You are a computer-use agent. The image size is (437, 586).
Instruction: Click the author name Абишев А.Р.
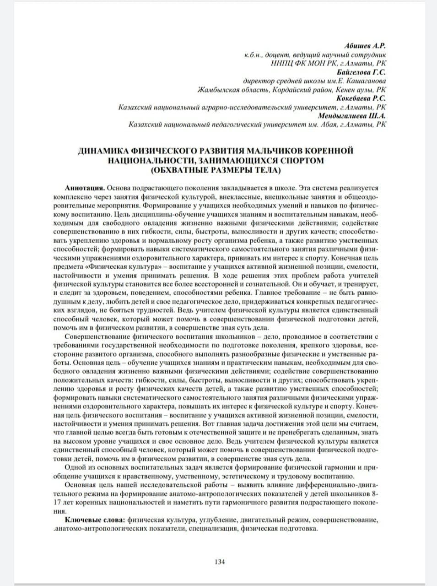pyautogui.click(x=364, y=46)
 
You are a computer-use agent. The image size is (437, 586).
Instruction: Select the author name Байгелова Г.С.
pyautogui.click(x=361, y=72)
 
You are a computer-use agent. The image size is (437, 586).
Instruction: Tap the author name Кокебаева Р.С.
pyautogui.click(x=361, y=98)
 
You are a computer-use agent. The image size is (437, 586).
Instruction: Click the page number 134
pyautogui.click(x=220, y=562)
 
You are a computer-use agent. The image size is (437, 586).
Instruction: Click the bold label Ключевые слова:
pyautogui.click(x=96, y=521)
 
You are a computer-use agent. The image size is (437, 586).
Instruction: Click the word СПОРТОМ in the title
pyautogui.click(x=300, y=161)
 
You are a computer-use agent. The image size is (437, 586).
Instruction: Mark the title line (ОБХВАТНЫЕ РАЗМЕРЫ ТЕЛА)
pyautogui.click(x=216, y=170)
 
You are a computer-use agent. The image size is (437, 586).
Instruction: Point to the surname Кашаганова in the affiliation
pyautogui.click(x=365, y=81)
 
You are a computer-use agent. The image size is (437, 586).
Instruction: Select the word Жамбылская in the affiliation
pyautogui.click(x=216, y=90)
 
